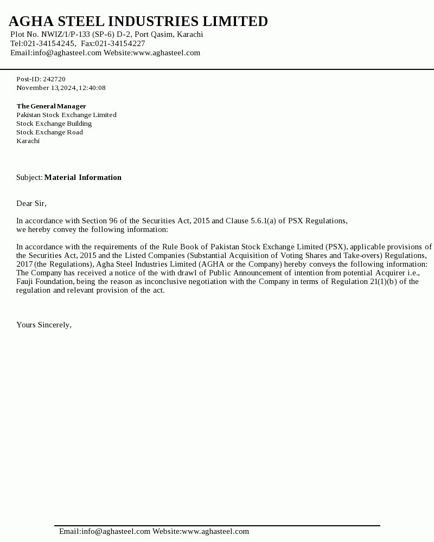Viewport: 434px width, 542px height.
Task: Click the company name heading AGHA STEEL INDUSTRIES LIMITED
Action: pos(138,22)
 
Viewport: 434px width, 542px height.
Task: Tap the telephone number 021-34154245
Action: pos(49,44)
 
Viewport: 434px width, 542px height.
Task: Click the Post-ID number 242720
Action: pos(54,79)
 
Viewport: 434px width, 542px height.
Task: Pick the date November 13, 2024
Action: pos(46,88)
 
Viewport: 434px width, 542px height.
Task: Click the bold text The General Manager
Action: pos(51,106)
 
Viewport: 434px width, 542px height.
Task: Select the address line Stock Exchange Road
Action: pos(49,132)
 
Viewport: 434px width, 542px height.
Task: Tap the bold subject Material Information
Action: pos(82,178)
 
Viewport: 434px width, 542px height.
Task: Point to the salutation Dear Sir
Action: pos(31,204)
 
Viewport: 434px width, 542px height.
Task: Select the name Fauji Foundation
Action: pos(45,282)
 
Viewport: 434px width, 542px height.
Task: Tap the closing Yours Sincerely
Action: pos(43,325)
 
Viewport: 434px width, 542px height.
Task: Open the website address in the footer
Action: pos(215,532)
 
